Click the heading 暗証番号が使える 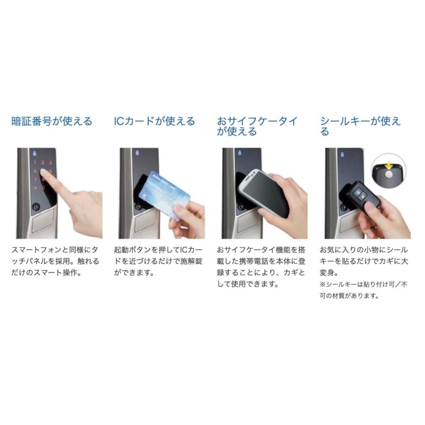(x=52, y=121)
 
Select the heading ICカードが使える (x=154, y=121)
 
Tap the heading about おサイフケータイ (x=257, y=126)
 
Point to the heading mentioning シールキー (x=360, y=126)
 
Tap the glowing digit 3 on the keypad (x=50, y=161)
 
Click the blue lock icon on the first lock (x=35, y=153)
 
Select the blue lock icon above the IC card (x=137, y=153)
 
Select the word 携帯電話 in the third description (x=254, y=261)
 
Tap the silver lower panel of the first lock (x=43, y=222)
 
